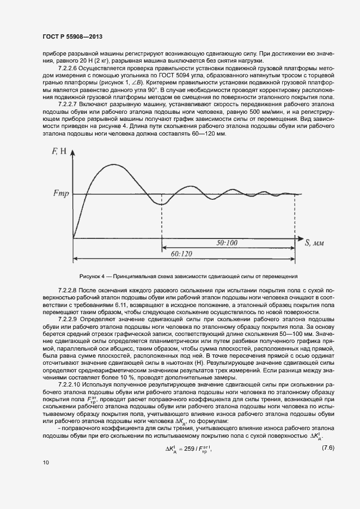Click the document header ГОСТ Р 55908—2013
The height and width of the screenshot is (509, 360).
pos(72,36)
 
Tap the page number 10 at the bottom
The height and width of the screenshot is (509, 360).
pos(45,462)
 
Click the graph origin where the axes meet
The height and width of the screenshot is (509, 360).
pos(74,238)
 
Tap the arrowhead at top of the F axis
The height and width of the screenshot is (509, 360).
pos(74,151)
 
